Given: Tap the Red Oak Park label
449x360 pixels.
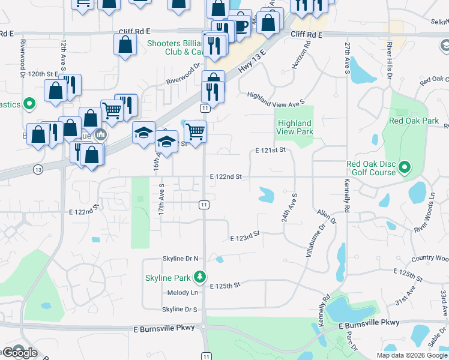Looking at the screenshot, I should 414,120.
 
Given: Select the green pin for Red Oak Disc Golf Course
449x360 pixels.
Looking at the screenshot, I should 405,167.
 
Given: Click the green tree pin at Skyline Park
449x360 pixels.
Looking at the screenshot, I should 200,277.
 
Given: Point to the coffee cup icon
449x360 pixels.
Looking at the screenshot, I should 240,26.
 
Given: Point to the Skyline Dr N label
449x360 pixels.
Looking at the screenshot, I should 180,259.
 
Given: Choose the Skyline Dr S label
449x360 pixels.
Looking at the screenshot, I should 179,310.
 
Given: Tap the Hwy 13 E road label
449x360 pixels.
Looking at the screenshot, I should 250,62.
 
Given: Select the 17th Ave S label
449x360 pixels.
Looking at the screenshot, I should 161,200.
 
